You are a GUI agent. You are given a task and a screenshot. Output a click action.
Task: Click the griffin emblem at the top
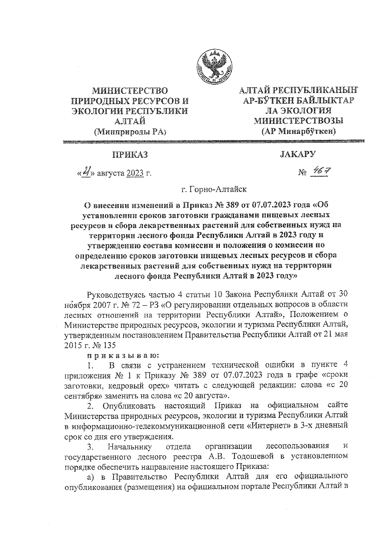215,67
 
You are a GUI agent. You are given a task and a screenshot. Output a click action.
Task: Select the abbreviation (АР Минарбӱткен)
299,131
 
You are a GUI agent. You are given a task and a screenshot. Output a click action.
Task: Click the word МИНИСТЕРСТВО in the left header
129,91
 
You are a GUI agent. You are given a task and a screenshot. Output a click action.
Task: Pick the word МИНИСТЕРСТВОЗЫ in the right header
299,121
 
